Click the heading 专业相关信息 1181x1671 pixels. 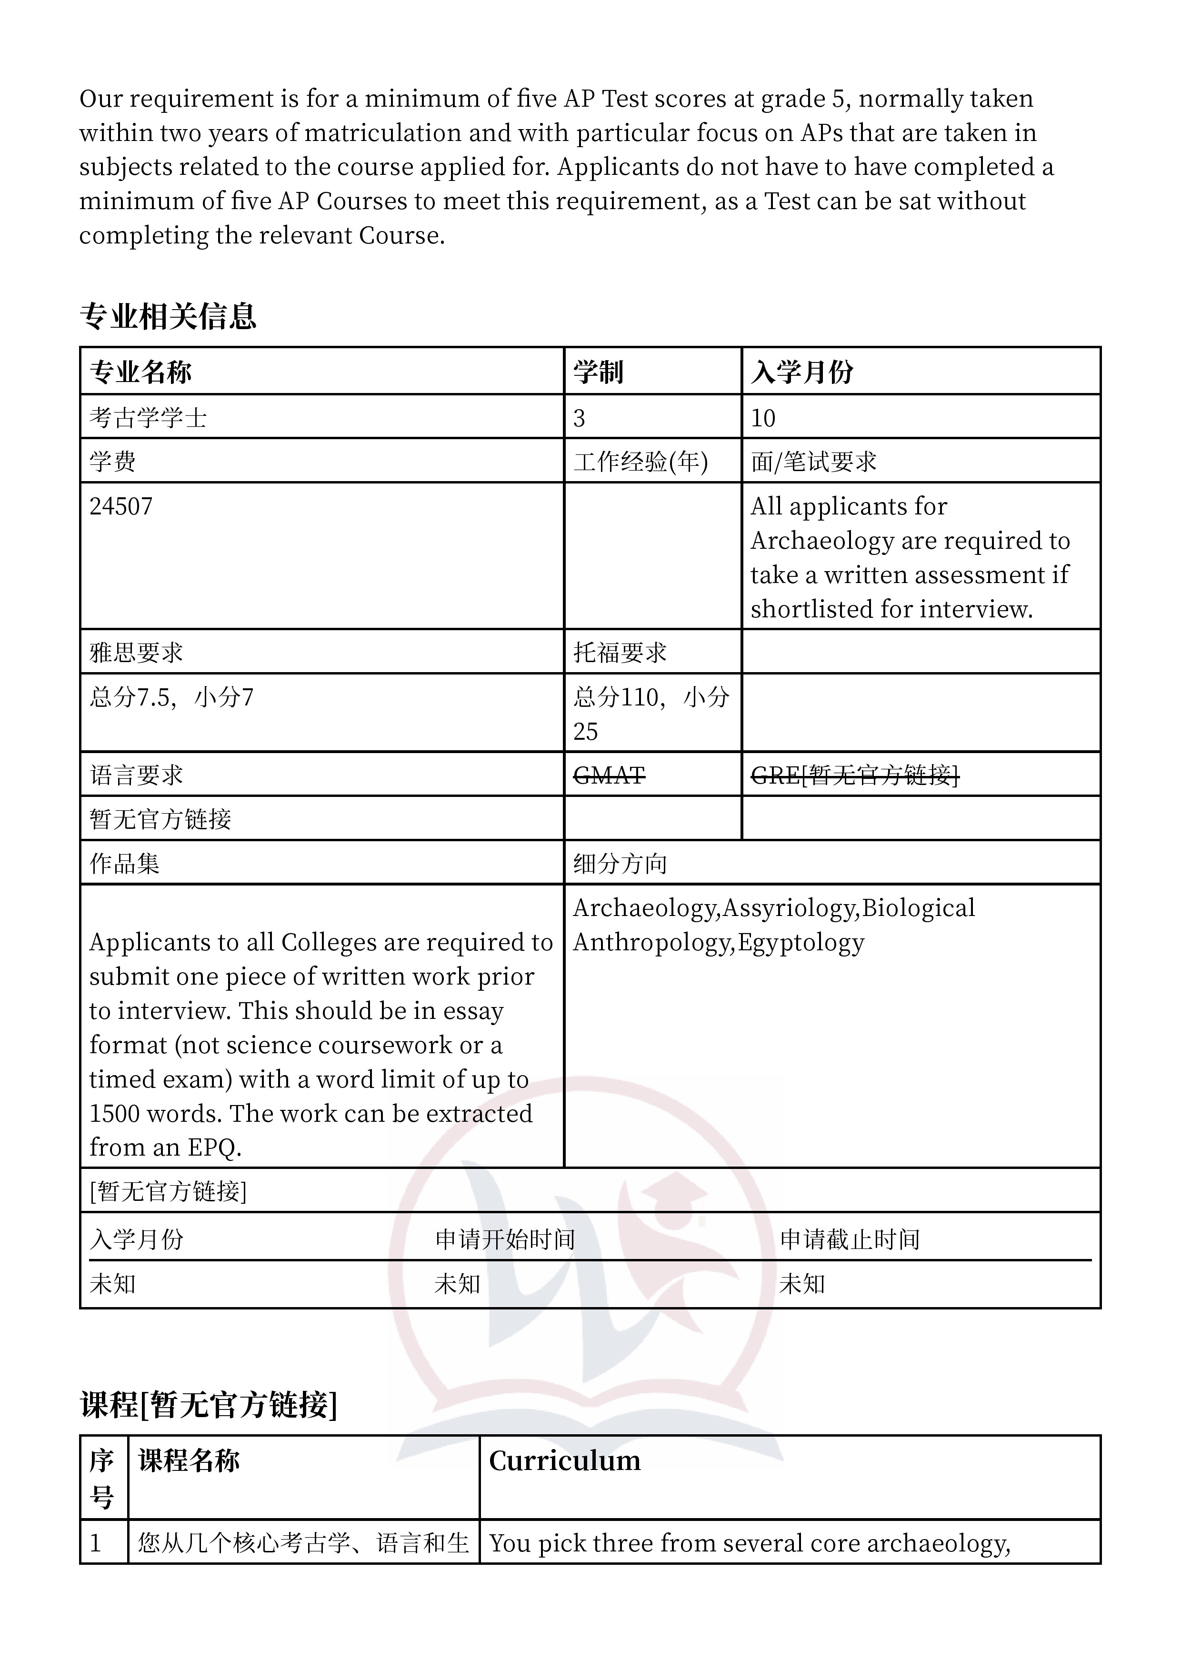[168, 316]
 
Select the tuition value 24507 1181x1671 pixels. [121, 506]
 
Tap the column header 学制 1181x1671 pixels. [598, 372]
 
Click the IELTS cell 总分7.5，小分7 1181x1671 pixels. [172, 697]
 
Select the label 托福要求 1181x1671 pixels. [620, 652]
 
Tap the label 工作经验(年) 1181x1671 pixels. [641, 462]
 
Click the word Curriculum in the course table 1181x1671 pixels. [565, 1460]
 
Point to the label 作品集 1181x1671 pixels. [124, 864]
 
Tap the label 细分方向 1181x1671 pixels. [620, 864]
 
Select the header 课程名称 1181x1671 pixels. [189, 1460]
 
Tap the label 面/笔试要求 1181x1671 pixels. [813, 462]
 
